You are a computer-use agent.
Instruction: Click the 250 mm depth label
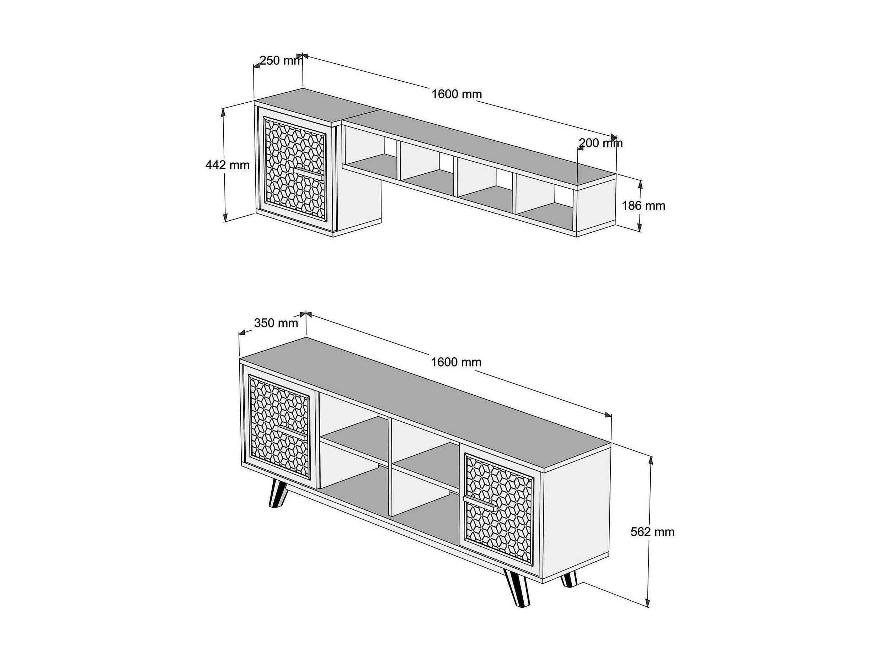click(x=281, y=60)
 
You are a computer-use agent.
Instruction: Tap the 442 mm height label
click(x=228, y=165)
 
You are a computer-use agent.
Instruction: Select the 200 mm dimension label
click(x=600, y=143)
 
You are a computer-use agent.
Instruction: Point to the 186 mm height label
click(x=644, y=206)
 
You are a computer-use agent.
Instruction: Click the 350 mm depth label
click(x=276, y=323)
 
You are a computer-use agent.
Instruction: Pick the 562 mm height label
click(x=652, y=532)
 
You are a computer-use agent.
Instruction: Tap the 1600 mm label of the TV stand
click(x=456, y=362)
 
